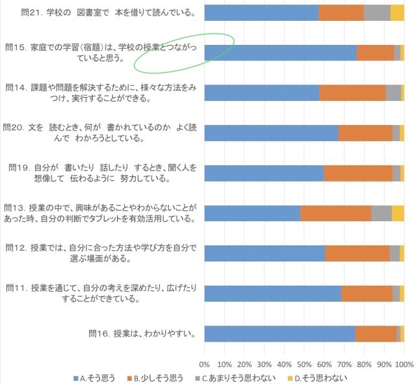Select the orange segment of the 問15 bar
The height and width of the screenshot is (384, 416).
click(375, 53)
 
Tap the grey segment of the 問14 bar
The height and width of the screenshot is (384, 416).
click(393, 92)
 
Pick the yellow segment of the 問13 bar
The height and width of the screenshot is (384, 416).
click(398, 213)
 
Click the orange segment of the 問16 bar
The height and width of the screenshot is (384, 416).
click(376, 333)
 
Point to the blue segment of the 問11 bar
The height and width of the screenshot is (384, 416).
click(272, 294)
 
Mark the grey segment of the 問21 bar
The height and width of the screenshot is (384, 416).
click(377, 12)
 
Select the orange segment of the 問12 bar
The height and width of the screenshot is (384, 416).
click(357, 253)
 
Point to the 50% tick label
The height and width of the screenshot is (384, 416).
click(304, 364)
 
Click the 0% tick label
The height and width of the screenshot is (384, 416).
click(204, 364)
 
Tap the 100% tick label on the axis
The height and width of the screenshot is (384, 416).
click(404, 364)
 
